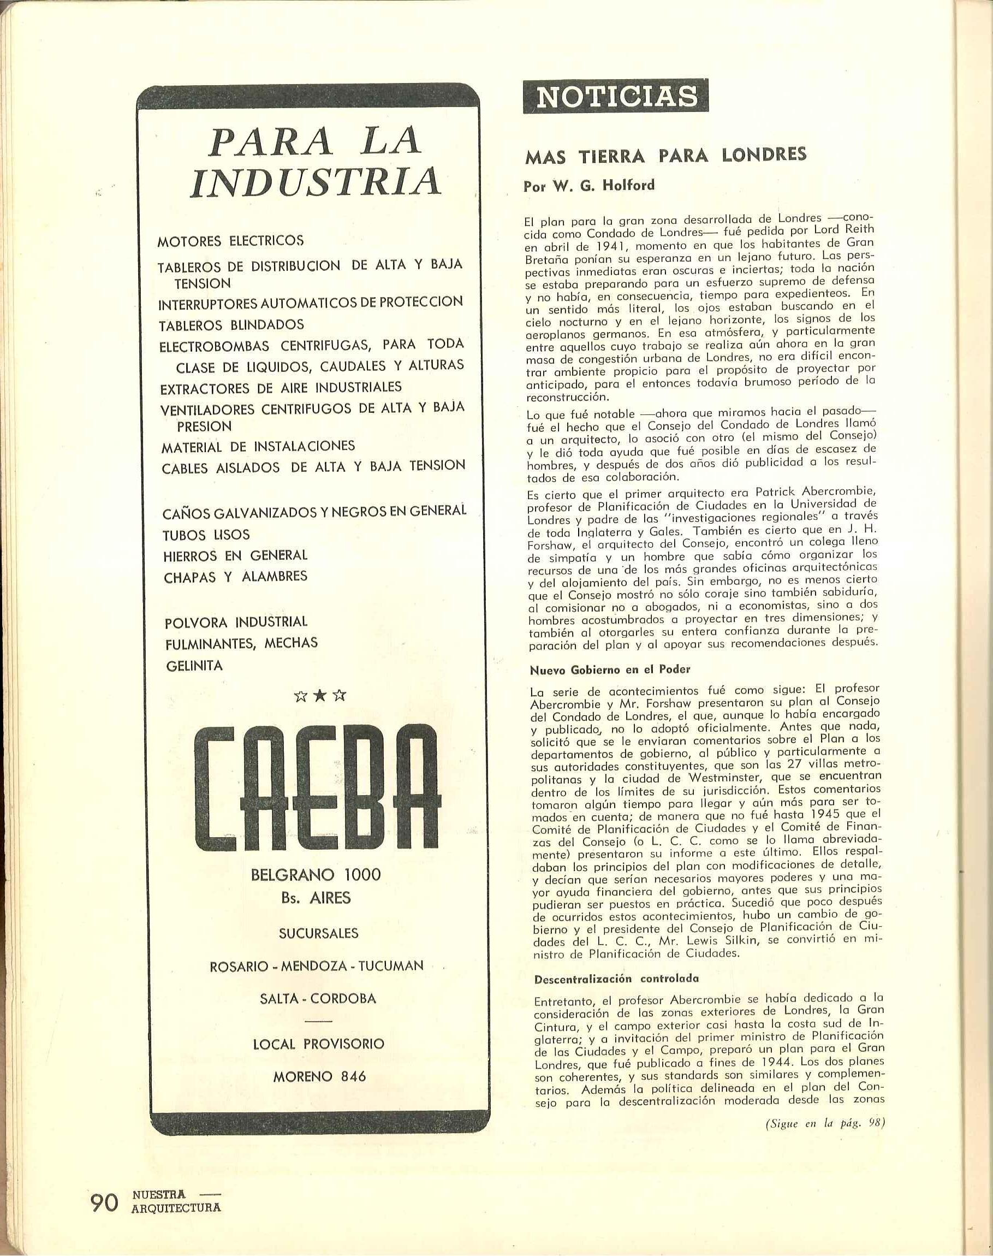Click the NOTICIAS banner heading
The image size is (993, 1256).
[x=616, y=97]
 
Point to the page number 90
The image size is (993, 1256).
[x=105, y=1197]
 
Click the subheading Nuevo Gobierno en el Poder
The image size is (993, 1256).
[x=610, y=670]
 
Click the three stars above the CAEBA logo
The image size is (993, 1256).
[x=319, y=696]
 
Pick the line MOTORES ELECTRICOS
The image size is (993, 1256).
[x=231, y=240]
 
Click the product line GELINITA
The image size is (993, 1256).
[x=194, y=666]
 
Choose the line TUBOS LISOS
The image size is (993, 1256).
[x=206, y=534]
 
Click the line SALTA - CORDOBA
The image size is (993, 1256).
[x=319, y=998]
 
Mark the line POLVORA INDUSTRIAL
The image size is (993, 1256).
[x=236, y=621]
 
